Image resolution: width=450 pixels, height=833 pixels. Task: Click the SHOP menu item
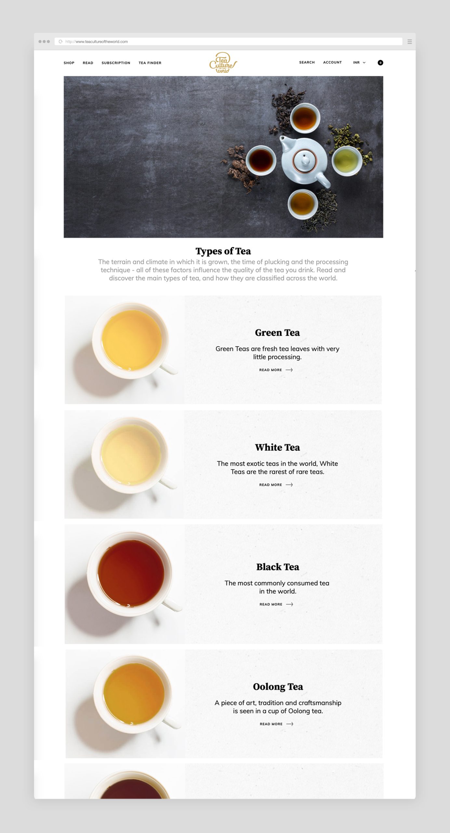[x=69, y=63]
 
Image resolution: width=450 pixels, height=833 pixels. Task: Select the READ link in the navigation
[x=88, y=63]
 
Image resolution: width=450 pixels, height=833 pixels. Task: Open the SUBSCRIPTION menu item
[x=116, y=63]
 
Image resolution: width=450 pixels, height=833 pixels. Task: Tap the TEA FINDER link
[x=150, y=63]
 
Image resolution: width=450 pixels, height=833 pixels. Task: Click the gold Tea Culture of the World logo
[x=223, y=62]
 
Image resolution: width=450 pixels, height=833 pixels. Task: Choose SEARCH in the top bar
[x=307, y=62]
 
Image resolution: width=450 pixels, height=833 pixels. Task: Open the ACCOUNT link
[x=332, y=62]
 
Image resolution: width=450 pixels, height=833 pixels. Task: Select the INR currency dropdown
[x=359, y=62]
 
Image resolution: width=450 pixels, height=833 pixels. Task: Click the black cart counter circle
[x=380, y=63]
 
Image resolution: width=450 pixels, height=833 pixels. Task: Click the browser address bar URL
[x=97, y=42]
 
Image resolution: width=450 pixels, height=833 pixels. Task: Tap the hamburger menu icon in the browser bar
[x=410, y=42]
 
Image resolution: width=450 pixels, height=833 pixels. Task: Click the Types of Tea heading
[x=223, y=251]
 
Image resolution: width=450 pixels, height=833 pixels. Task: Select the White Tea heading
[x=277, y=447]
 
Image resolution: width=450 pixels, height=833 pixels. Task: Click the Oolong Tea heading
[x=278, y=687]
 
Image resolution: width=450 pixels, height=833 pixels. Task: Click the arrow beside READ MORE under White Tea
[x=289, y=485]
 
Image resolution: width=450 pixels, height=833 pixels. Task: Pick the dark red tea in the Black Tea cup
[x=131, y=573]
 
